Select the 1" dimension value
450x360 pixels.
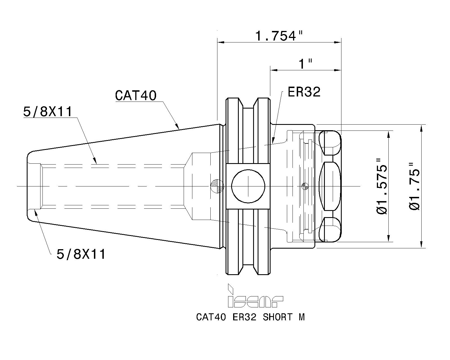[x=305, y=64]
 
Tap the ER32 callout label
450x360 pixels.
[x=304, y=92]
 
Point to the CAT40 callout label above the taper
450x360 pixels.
[x=136, y=95]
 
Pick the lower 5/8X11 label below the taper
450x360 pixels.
[x=81, y=255]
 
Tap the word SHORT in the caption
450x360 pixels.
[x=278, y=317]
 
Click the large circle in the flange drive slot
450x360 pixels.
[x=248, y=186]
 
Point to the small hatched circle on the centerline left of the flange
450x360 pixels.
[x=217, y=186]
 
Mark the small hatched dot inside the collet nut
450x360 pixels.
[x=305, y=186]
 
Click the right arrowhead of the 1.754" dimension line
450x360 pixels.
[x=338, y=42]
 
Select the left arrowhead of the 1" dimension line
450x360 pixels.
[x=274, y=70]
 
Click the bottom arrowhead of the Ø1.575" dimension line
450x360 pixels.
[x=389, y=238]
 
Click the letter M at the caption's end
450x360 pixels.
[x=302, y=317]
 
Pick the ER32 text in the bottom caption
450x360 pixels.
[x=244, y=317]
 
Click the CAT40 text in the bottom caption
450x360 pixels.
[x=211, y=317]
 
